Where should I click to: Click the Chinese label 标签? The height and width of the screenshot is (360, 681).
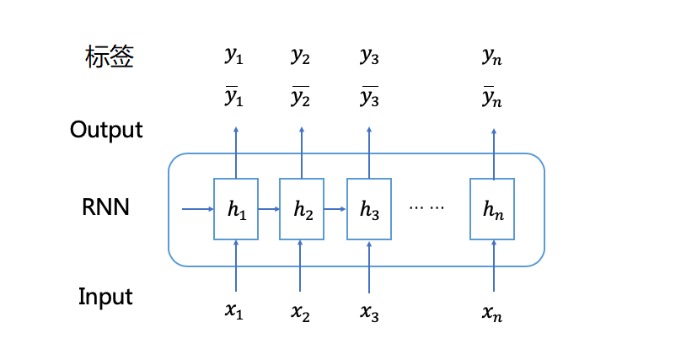[x=110, y=57]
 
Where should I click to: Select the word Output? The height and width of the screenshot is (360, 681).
[x=106, y=130]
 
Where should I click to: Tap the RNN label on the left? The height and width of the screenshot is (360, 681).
[x=106, y=207]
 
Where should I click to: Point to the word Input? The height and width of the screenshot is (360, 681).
[x=105, y=297]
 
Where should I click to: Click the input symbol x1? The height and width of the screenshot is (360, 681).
[x=234, y=312]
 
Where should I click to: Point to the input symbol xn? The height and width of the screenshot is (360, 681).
[x=492, y=314]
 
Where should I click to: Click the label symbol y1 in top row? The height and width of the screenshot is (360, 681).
[x=233, y=56]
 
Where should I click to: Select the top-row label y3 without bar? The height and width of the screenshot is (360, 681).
[x=369, y=56]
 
